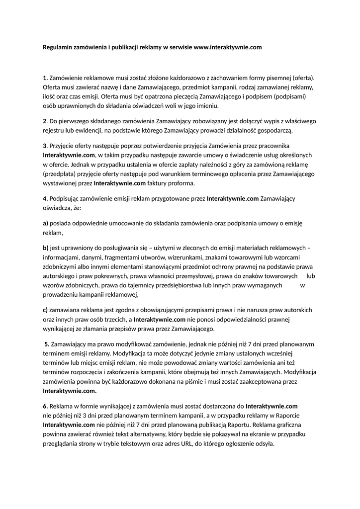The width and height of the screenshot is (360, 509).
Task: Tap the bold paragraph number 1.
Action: click(45, 78)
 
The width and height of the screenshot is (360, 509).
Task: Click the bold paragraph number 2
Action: click(45, 121)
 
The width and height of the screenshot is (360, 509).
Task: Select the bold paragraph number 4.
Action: click(45, 198)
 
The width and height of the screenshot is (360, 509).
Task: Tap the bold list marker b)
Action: click(45, 248)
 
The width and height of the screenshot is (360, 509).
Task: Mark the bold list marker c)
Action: click(45, 310)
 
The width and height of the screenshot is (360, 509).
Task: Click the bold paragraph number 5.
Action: click(47, 343)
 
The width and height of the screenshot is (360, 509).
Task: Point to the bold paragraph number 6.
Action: click(45, 406)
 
